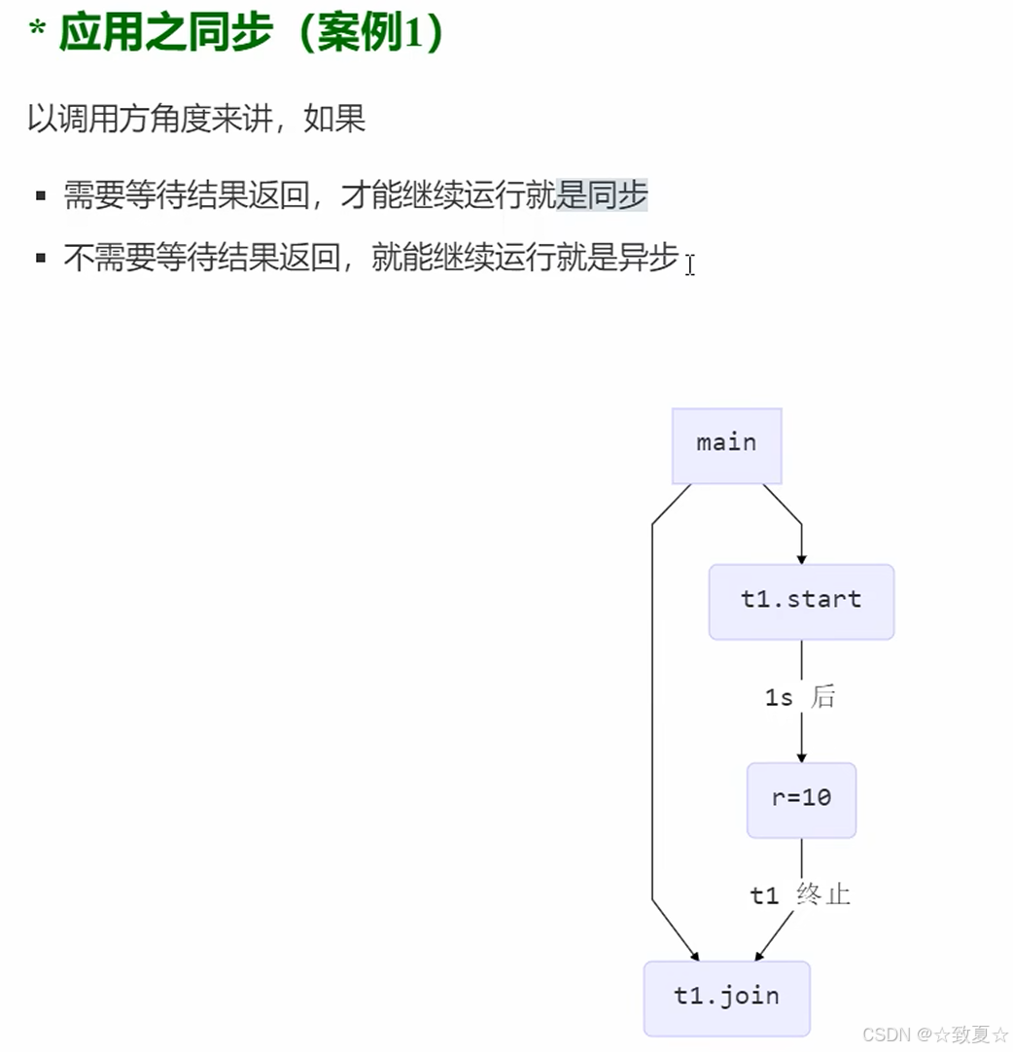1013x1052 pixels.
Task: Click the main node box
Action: pos(726,445)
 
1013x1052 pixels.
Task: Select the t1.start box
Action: pos(801,601)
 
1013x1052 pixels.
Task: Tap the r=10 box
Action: pos(801,799)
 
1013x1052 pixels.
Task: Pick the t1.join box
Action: pos(726,998)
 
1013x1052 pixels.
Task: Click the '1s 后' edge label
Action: pos(799,697)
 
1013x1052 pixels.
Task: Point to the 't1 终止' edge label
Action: pos(800,894)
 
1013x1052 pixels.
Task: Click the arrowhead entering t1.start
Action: pos(801,557)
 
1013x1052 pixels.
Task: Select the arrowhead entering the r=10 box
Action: pos(801,755)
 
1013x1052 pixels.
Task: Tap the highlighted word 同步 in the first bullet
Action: pos(617,195)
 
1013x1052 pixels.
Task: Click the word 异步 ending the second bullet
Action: pos(648,259)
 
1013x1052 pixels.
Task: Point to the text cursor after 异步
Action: pos(690,264)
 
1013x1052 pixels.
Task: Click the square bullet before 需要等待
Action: pos(41,195)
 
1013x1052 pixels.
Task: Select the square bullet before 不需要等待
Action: pos(41,259)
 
